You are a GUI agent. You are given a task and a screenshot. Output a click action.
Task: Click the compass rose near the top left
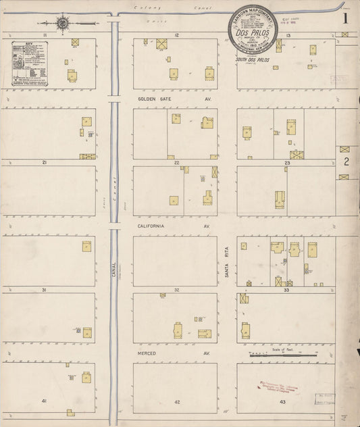[63, 24]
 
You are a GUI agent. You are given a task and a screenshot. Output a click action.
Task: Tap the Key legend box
[33, 64]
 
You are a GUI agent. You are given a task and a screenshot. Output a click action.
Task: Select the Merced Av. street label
[150, 353]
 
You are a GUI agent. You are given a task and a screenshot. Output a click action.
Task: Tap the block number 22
[176, 163]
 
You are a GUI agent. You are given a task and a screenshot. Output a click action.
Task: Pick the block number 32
[176, 290]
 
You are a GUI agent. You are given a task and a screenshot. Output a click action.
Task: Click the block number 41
[44, 401]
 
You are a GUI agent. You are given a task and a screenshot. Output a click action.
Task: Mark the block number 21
[44, 163]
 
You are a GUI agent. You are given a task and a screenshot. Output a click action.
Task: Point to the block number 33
[286, 290]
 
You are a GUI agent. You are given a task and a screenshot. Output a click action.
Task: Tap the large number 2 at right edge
[346, 161]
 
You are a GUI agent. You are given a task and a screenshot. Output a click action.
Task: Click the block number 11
[44, 34]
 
